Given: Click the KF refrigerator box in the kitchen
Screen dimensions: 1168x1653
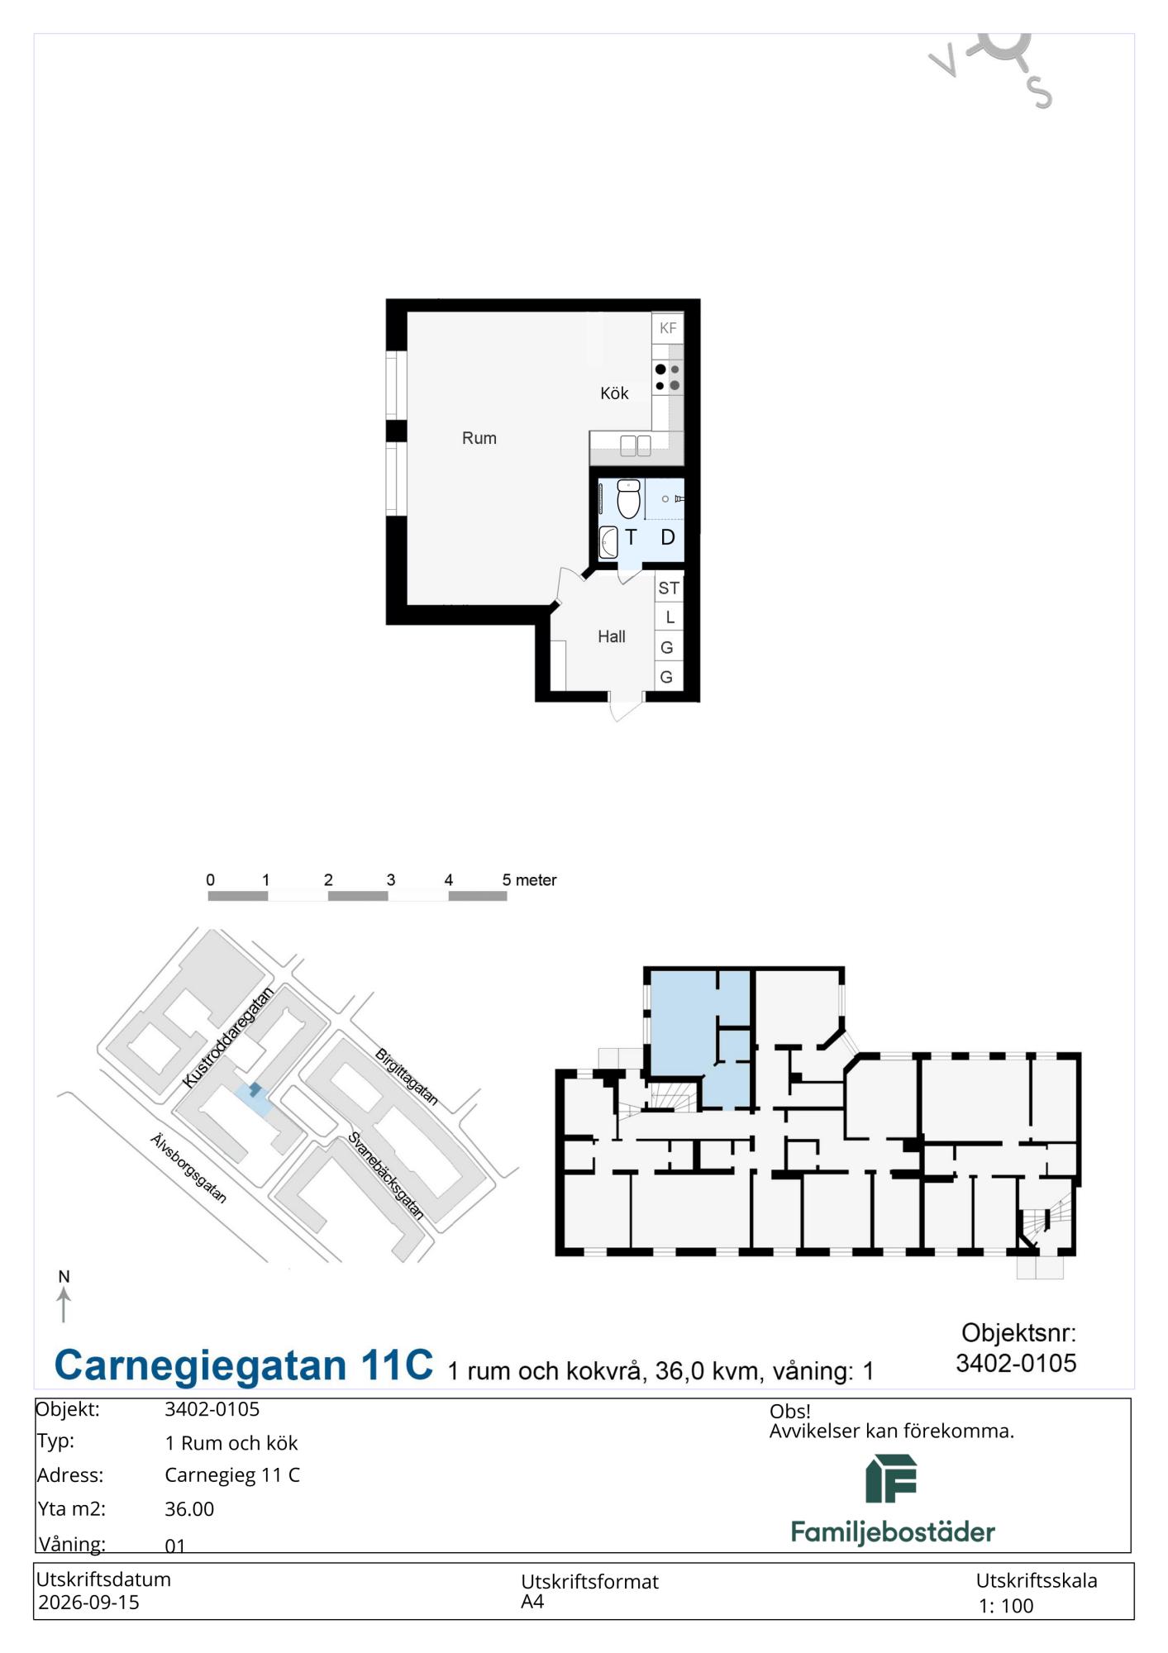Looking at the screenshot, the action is pos(668,328).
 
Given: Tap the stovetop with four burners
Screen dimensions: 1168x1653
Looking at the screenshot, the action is pos(668,378).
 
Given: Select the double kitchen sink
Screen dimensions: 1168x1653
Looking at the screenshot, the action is pos(636,446).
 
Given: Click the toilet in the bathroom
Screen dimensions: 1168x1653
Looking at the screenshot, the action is pos(628,498).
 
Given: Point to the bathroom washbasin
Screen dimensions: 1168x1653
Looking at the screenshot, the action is pos(608,542).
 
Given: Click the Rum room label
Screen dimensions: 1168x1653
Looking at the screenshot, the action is pos(479,438).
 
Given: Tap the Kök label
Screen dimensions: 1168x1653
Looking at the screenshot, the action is pos(614,393).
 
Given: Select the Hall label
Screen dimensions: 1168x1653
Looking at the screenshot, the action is pos(612,636).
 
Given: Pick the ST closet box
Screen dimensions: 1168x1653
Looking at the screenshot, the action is pos(669,588).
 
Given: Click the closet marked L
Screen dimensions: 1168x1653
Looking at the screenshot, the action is pos(670,617).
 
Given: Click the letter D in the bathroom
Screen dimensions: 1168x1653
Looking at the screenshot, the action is pos(668,537).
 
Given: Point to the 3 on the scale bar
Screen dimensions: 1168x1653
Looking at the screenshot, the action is pos(391,879).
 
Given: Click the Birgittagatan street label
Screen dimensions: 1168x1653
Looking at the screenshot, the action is pos(406,1077).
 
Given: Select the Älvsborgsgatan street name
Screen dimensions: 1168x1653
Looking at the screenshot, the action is pos(188,1168).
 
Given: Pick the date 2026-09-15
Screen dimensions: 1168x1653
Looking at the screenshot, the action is pos(88,1603).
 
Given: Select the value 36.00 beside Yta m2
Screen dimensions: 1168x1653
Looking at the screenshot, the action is pos(189,1509).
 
